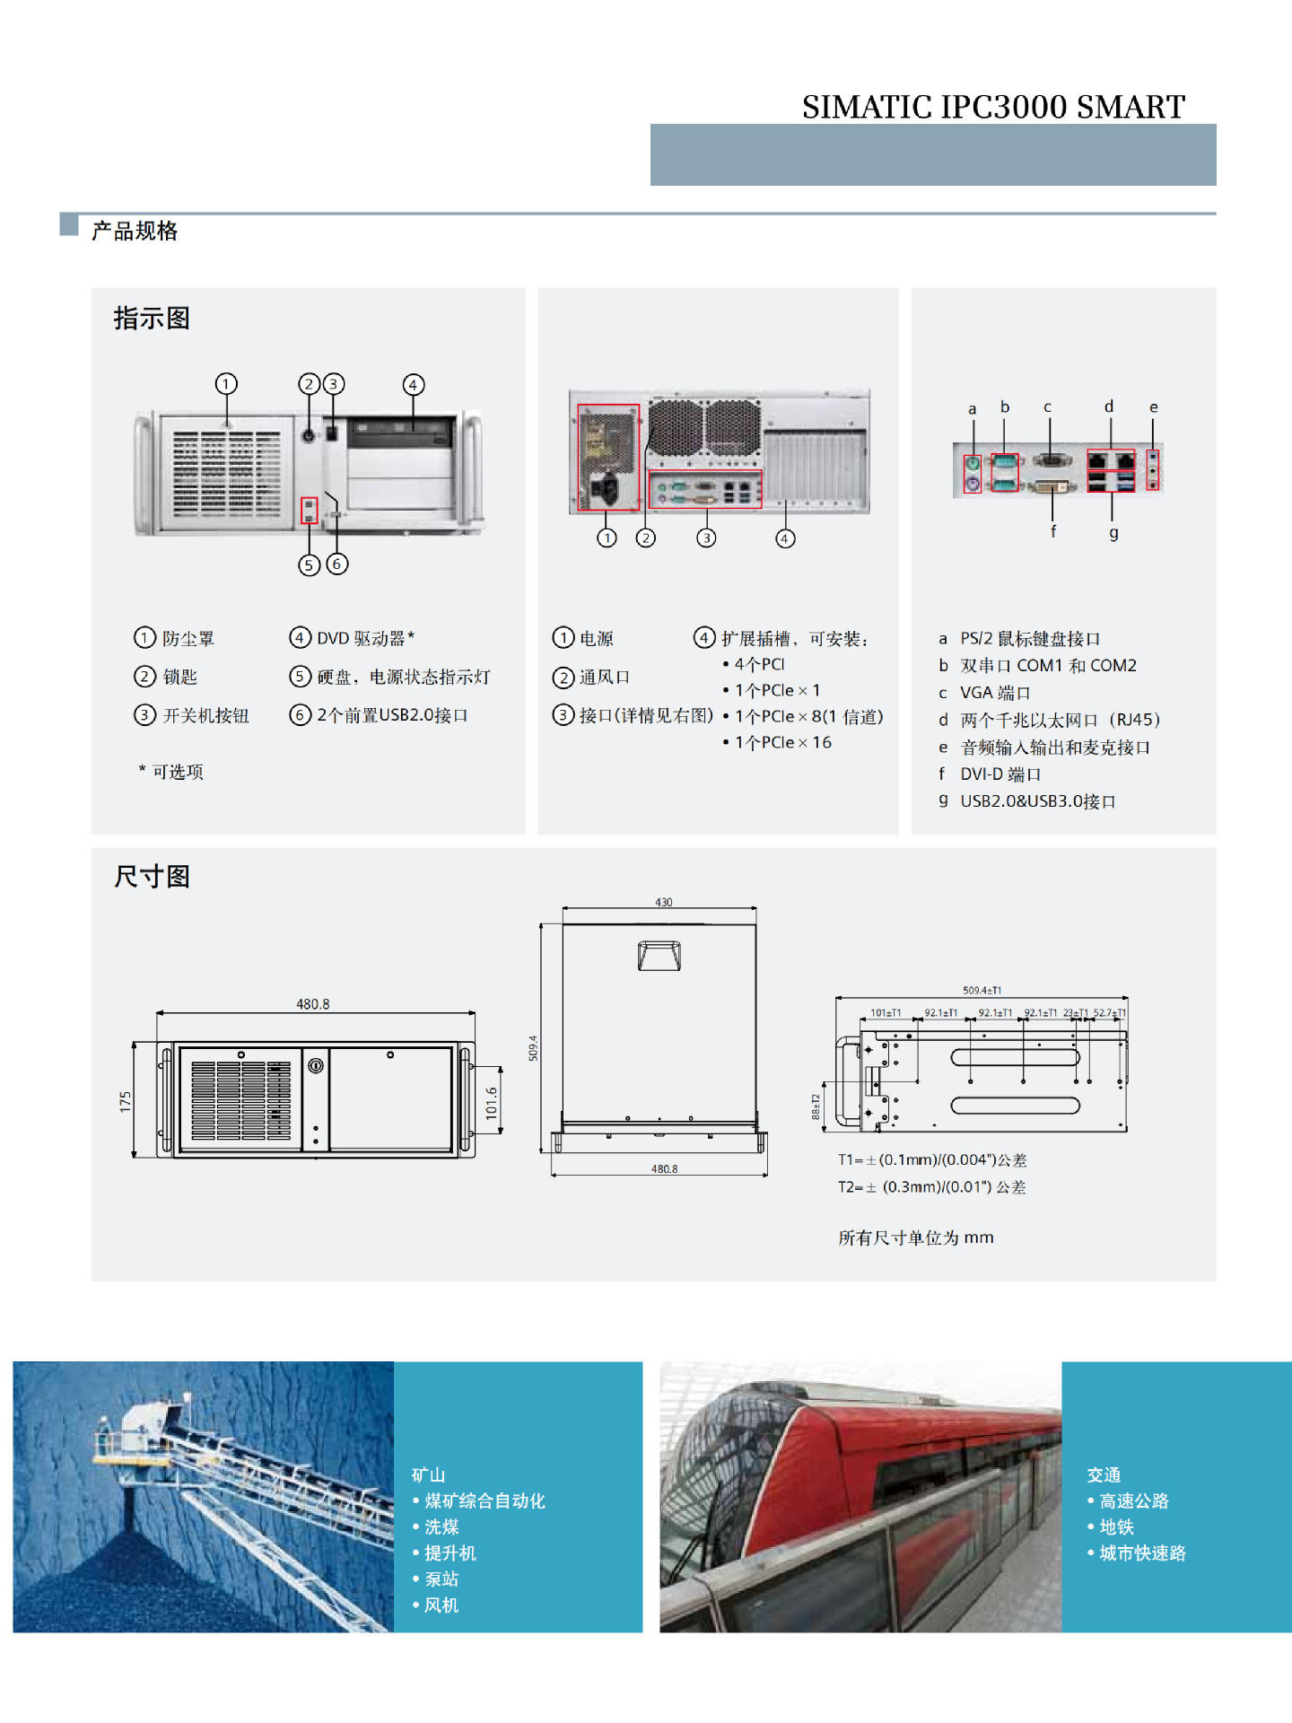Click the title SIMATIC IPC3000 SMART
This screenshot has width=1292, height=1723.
pos(993,107)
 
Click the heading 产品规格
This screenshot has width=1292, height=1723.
pos(135,232)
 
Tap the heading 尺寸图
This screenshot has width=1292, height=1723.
pos(152,876)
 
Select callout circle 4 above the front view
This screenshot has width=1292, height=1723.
pos(413,385)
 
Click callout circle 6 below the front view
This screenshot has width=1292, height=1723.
pos(337,564)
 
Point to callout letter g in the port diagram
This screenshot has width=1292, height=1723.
pos(1113,533)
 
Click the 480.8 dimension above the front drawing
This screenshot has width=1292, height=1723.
pos(313,1004)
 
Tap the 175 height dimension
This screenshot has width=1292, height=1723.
pos(125,1102)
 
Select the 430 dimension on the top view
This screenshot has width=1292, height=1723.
pos(663,902)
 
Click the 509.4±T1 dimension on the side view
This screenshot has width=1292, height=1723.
pos(982,991)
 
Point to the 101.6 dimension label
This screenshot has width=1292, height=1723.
pos(491,1103)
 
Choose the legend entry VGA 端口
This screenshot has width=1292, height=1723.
pos(995,693)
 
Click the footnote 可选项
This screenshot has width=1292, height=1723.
pos(177,772)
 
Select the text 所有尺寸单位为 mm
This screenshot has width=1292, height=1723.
pos(915,1238)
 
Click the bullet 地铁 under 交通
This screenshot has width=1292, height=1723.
pos(1116,1526)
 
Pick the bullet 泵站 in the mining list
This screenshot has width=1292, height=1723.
pos(441,1579)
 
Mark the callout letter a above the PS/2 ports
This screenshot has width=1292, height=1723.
pos(972,409)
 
